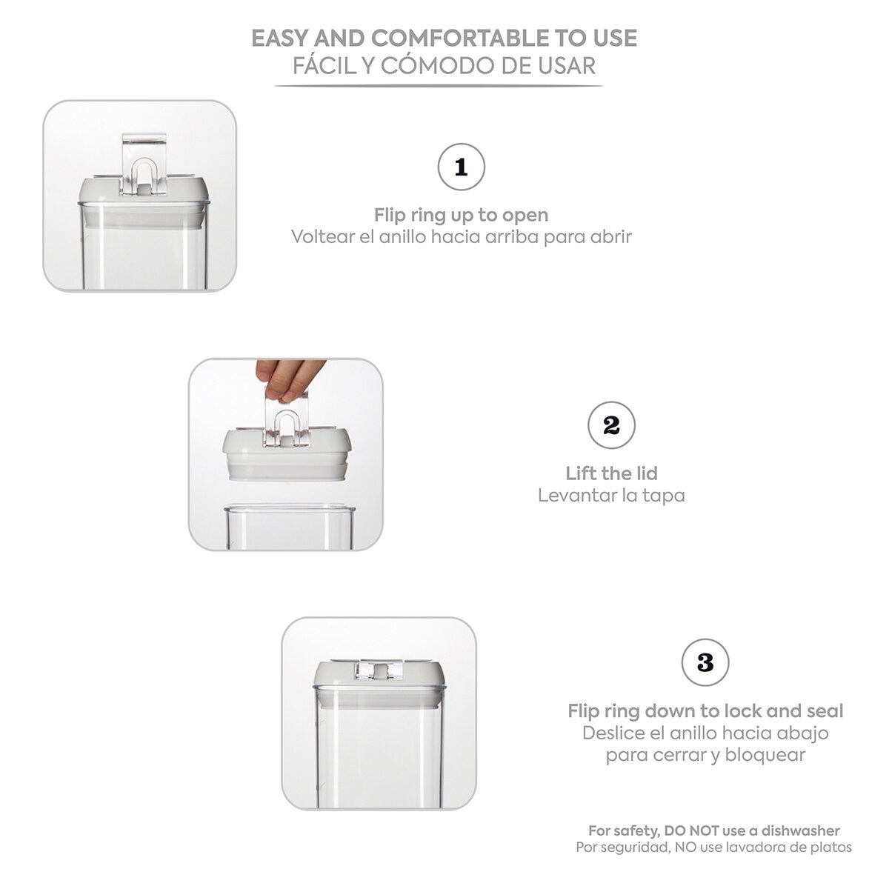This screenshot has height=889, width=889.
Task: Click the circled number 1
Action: click(x=462, y=167)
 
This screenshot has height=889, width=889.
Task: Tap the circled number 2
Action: click(x=611, y=426)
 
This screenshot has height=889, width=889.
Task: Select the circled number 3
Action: click(x=705, y=662)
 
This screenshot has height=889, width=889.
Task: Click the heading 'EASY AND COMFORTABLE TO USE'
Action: click(x=444, y=38)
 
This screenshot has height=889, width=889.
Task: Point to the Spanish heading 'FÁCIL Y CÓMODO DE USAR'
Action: click(x=444, y=65)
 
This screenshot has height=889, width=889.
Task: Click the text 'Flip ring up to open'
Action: click(x=461, y=216)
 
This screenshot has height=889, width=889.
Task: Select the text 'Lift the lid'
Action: click(x=611, y=473)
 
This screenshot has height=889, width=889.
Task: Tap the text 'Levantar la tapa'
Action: click(x=611, y=495)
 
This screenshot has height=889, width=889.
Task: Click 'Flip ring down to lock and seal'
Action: click(x=705, y=711)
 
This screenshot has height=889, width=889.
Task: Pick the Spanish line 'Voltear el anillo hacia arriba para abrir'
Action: click(x=461, y=237)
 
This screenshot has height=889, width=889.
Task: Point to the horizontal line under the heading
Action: click(x=439, y=86)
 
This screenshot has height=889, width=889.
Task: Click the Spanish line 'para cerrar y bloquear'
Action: click(x=705, y=755)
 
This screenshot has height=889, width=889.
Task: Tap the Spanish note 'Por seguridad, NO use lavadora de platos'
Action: click(x=714, y=847)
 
